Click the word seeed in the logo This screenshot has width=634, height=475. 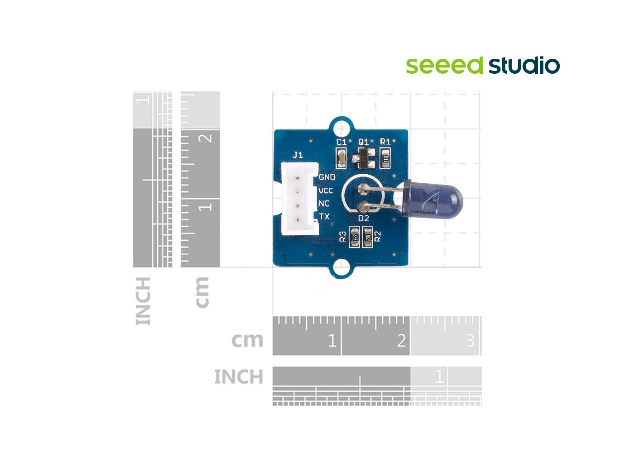[x=444, y=66]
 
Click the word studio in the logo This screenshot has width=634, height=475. [x=524, y=66]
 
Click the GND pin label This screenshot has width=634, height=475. [x=327, y=177]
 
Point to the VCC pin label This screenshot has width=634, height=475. [x=326, y=190]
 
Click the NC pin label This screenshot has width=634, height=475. [x=324, y=204]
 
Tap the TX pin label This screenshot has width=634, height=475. [x=325, y=217]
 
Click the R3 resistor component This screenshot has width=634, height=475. [x=355, y=237]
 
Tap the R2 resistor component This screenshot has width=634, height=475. [x=368, y=237]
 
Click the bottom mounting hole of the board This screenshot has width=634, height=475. [x=341, y=268]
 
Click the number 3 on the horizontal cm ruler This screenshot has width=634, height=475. [x=470, y=340]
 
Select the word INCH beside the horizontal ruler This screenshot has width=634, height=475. [x=238, y=376]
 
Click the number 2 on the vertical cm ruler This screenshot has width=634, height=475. [x=207, y=137]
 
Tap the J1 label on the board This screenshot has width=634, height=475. [x=298, y=155]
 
